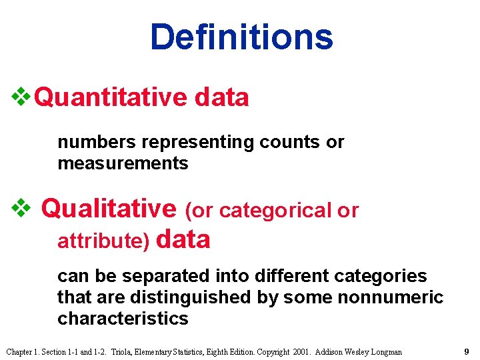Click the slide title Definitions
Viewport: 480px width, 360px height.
tap(241, 37)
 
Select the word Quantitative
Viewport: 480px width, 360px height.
tap(111, 98)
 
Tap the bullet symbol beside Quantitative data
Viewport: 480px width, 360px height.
tap(21, 97)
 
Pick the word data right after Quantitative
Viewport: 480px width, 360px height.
tap(222, 98)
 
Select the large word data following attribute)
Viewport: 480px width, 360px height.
tap(183, 239)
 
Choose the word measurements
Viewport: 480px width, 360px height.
tap(123, 163)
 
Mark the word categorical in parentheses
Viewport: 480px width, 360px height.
tap(275, 211)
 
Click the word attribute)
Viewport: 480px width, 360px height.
tap(103, 241)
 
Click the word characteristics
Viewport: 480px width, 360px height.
tap(123, 318)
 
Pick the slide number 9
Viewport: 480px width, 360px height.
tap(467, 351)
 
